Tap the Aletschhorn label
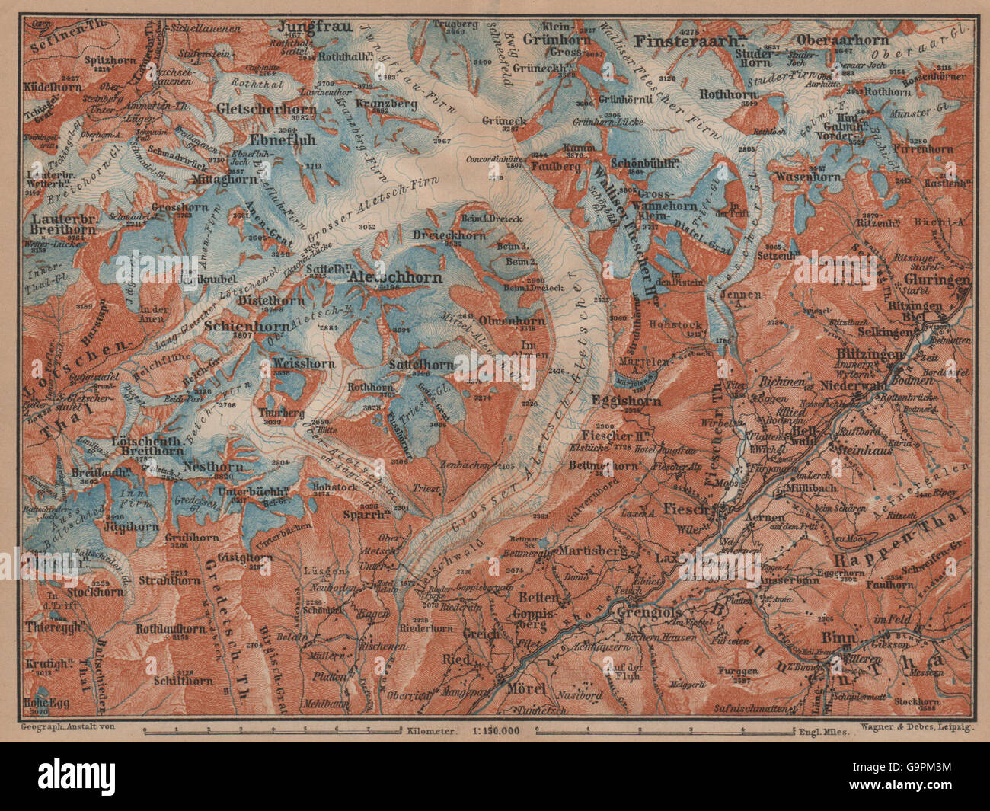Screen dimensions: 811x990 394,279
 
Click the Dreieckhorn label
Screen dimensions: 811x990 449,235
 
